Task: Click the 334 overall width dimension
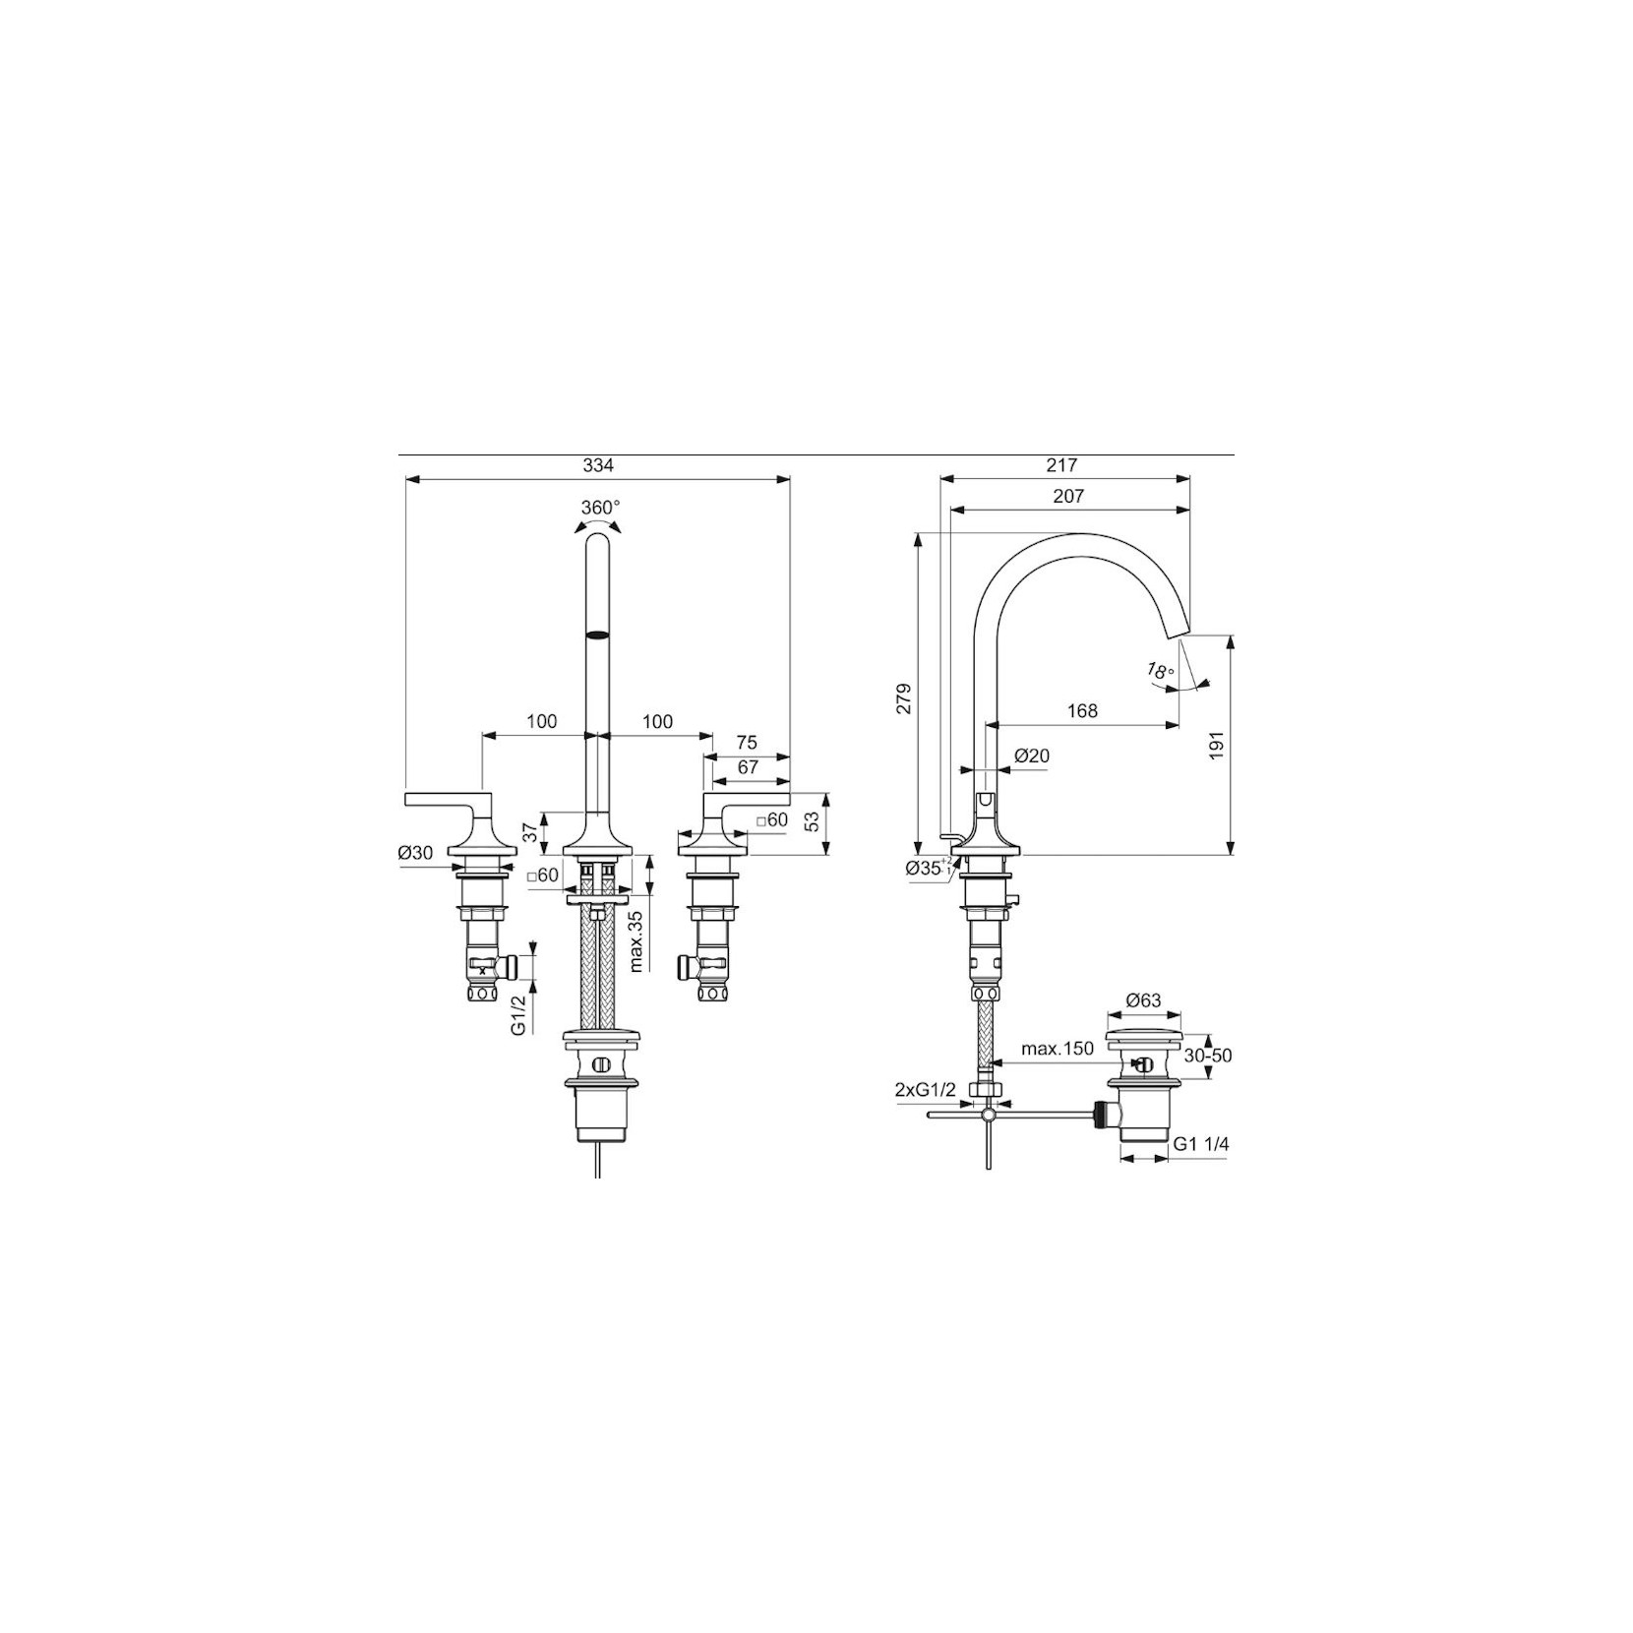tap(598, 466)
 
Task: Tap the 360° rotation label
tap(600, 508)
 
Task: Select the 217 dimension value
tap(1063, 466)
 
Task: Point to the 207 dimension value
tap(1068, 497)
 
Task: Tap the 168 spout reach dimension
tap(1082, 710)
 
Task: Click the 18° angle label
tap(1161, 672)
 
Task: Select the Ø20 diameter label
tap(1032, 756)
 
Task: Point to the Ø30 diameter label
tap(416, 853)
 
